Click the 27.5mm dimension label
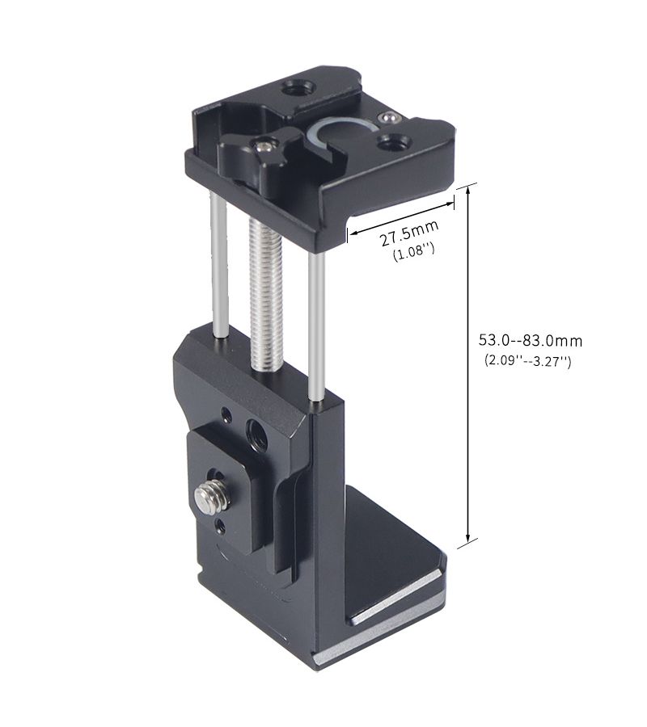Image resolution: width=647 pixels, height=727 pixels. pos(409,233)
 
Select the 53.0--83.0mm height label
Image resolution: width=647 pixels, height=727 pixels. pos(530,341)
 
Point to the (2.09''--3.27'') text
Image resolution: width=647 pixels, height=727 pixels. pos(528,360)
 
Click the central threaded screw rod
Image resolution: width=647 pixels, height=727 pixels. pos(263,295)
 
